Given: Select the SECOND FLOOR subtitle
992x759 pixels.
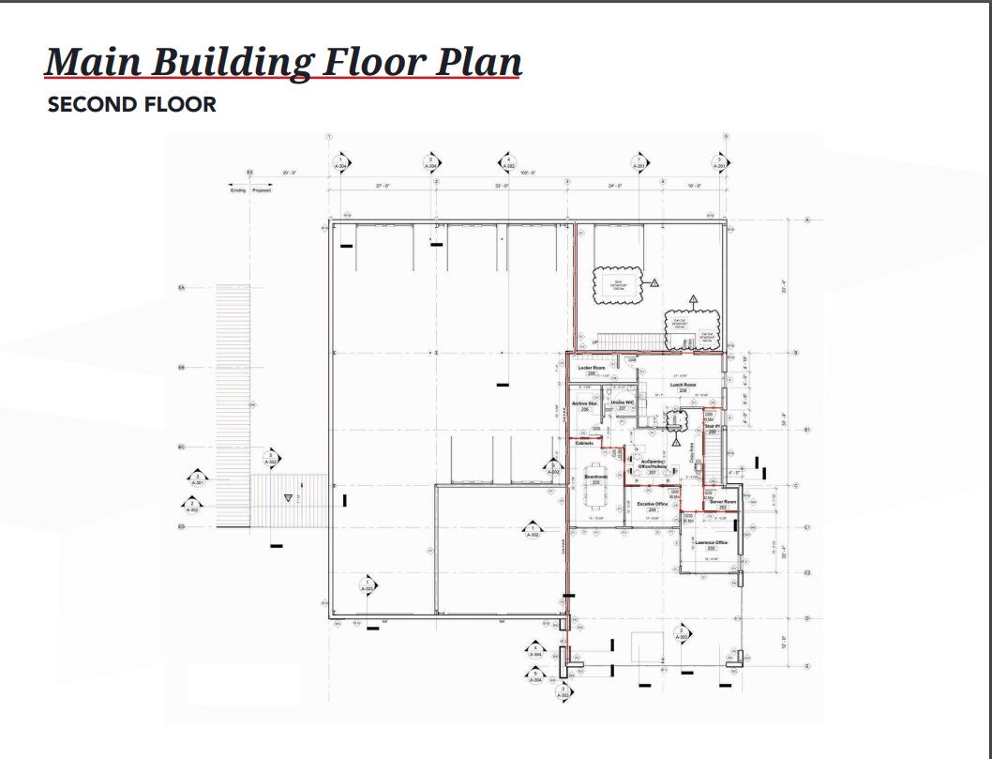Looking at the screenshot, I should (x=131, y=104).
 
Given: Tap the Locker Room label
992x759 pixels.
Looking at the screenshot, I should (x=587, y=369).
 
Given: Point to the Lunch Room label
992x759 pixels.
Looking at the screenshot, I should (x=684, y=385).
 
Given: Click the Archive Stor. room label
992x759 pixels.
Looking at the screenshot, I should (x=585, y=404).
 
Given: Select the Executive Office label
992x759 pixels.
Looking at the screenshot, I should (x=652, y=505).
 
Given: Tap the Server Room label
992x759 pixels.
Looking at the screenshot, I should (x=723, y=502).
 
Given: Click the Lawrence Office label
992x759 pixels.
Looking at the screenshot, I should (x=711, y=543).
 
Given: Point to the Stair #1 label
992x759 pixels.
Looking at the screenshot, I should (x=712, y=427).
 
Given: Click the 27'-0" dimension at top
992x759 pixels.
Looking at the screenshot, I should (x=383, y=187).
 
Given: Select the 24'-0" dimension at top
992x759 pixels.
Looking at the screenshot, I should (x=615, y=187).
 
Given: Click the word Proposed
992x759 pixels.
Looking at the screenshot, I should (x=262, y=190).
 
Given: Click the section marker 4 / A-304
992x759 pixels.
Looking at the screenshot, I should (x=535, y=650).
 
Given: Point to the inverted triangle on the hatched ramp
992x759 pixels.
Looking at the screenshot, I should (x=288, y=498).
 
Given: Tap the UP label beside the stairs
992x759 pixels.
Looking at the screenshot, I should (x=594, y=343).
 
